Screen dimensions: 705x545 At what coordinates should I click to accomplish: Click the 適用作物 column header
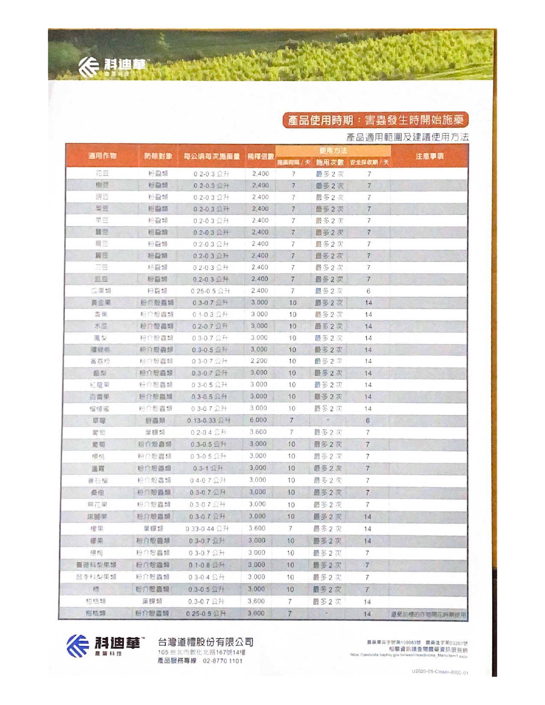pyautogui.click(x=102, y=156)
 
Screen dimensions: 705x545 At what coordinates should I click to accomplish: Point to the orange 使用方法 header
pyautogui.click(x=333, y=150)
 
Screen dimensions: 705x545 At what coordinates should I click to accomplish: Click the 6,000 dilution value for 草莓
pyautogui.click(x=258, y=420)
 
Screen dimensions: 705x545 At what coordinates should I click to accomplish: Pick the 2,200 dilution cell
pyautogui.click(x=259, y=361)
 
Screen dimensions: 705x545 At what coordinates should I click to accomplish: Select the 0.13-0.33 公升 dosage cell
pyautogui.click(x=209, y=420)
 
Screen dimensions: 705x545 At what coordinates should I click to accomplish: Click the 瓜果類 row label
pyautogui.click(x=101, y=291)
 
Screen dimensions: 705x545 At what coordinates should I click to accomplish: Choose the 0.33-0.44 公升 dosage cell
pyautogui.click(x=207, y=529)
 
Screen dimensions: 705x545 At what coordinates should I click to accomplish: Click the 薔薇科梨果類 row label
pyautogui.click(x=96, y=565)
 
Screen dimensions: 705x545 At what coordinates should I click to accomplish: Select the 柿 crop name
pyautogui.click(x=96, y=589)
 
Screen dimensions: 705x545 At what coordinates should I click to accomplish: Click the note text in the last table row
pyautogui.click(x=428, y=614)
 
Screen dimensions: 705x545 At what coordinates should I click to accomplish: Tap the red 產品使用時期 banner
pyautogui.click(x=375, y=120)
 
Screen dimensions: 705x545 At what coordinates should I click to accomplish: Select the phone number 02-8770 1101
pyautogui.click(x=222, y=661)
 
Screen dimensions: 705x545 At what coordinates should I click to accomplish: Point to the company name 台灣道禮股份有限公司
pyautogui.click(x=205, y=642)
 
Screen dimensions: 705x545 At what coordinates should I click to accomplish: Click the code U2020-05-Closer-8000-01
pyautogui.click(x=439, y=672)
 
